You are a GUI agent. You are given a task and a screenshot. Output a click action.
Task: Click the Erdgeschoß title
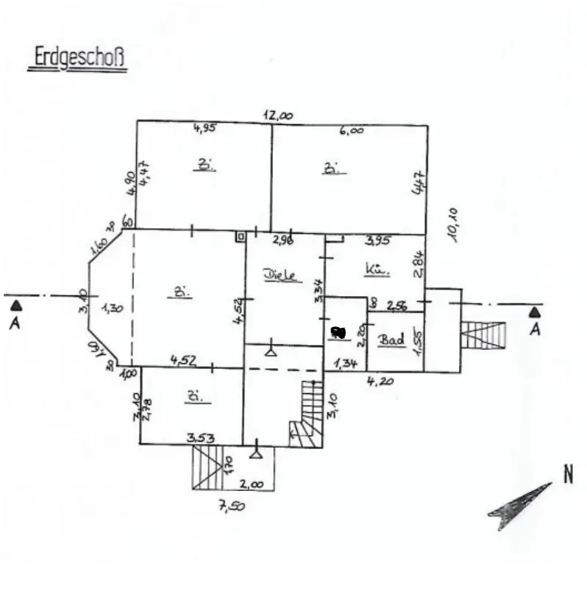(77, 60)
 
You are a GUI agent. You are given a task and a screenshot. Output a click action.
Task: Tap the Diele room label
(280, 275)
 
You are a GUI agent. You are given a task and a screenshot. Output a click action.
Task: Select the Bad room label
(391, 340)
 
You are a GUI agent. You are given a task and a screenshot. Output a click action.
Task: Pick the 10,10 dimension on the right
(454, 224)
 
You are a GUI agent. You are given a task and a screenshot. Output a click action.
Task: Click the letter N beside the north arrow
(568, 475)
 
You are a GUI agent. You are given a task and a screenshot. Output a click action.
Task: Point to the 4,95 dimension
(204, 129)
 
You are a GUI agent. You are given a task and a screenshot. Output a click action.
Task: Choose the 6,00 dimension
(351, 129)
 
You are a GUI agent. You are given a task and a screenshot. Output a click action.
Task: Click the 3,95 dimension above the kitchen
(377, 240)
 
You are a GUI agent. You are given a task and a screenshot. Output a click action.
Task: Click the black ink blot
(338, 332)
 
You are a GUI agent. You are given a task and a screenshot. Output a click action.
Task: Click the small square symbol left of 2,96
(240, 237)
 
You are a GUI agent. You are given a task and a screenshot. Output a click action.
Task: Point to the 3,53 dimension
(200, 438)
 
